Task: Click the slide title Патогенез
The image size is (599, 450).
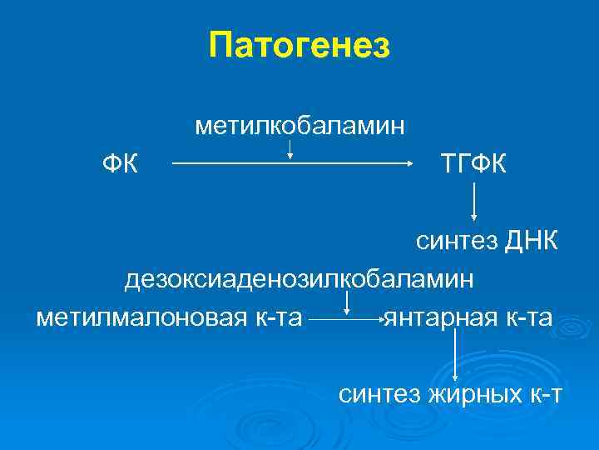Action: click(x=299, y=44)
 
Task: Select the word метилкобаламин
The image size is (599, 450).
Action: click(x=300, y=126)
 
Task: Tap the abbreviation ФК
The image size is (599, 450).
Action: click(x=120, y=163)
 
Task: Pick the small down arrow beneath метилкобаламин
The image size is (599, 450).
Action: click(x=290, y=151)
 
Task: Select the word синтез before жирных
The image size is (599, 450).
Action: click(x=379, y=392)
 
